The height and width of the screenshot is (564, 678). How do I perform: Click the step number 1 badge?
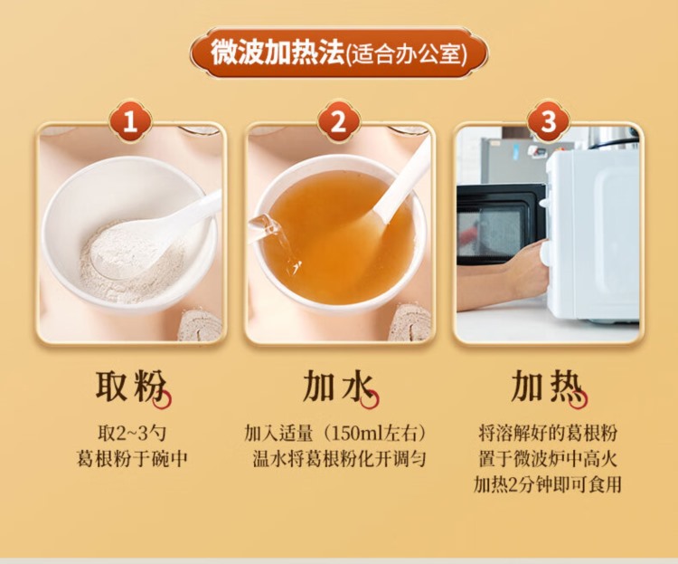[x=130, y=121]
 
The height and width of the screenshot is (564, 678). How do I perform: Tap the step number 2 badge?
[x=339, y=121]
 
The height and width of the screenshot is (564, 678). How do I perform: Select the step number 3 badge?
[x=548, y=121]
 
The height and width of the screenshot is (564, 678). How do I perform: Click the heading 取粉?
[x=130, y=385]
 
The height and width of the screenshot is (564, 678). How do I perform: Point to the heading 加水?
[x=338, y=385]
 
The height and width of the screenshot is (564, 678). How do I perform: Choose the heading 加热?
[x=547, y=385]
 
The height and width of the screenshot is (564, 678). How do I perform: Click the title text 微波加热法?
[x=277, y=53]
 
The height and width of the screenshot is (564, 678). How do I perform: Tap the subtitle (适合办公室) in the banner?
[x=408, y=55]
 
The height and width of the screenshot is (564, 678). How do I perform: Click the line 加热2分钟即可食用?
[x=548, y=484]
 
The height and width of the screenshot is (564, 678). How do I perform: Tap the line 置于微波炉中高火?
[x=548, y=459]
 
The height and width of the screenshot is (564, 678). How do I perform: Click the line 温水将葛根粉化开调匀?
[x=339, y=459]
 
